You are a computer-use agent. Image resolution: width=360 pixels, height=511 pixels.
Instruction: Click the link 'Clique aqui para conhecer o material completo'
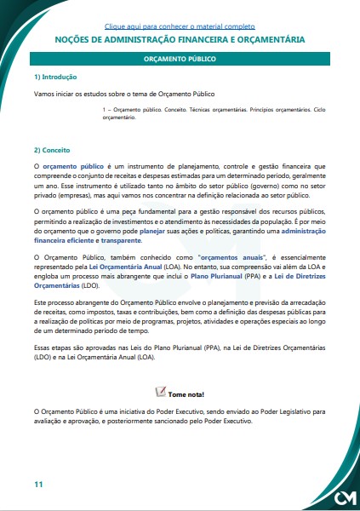point(180,26)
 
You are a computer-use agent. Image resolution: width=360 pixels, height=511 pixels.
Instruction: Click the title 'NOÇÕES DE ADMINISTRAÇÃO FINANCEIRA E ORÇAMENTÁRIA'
point(180,39)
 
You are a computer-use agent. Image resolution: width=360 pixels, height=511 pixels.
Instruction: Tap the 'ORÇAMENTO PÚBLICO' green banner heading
point(180,60)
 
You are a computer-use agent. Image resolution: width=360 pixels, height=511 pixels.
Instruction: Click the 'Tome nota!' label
point(186,394)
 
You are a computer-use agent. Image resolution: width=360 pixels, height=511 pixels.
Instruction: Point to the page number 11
point(38,485)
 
